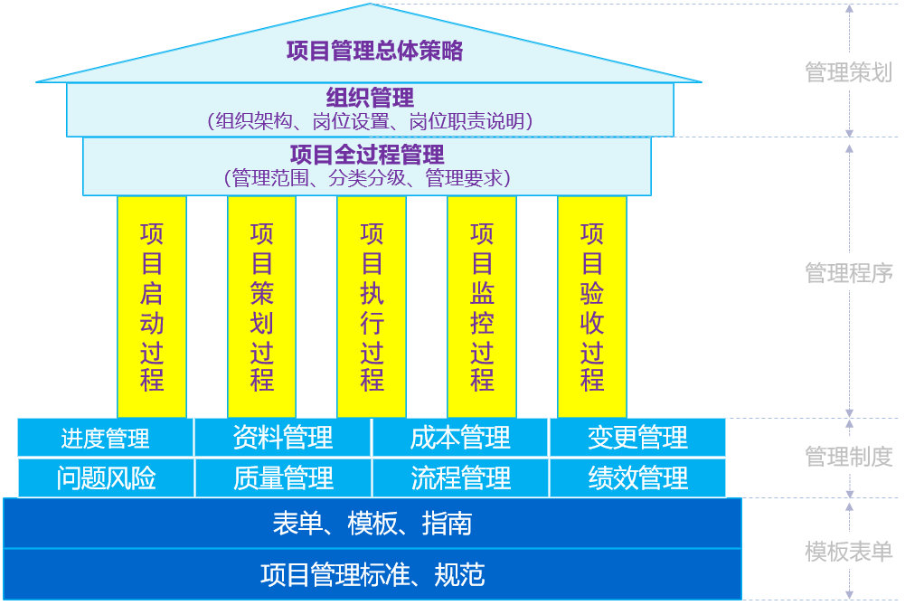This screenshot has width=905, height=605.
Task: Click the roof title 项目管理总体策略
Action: click(374, 51)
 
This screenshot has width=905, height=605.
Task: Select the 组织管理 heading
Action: click(370, 97)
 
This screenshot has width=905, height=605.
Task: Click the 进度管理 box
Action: click(105, 439)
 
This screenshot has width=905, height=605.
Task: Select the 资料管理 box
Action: click(283, 439)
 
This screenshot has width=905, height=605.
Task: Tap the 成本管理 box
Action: click(460, 439)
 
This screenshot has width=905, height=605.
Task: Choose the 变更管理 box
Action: click(637, 439)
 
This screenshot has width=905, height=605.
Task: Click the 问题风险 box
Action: click(105, 477)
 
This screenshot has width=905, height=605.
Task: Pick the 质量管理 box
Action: click(283, 477)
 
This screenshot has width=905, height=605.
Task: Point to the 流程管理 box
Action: click(460, 477)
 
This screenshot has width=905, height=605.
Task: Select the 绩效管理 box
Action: click(637, 477)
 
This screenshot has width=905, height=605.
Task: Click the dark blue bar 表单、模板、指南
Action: click(372, 524)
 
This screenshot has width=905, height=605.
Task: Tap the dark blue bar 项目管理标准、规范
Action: click(372, 574)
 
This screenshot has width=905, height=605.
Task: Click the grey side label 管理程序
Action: click(848, 272)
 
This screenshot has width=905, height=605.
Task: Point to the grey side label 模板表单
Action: click(848, 551)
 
